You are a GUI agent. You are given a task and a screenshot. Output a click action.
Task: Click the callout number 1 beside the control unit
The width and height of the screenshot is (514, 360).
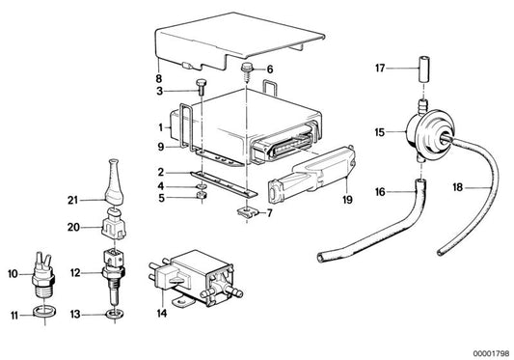[162, 126]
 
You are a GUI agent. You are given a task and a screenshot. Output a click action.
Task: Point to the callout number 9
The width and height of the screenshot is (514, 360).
[162, 147]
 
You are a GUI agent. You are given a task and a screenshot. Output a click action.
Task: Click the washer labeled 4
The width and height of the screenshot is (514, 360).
[200, 186]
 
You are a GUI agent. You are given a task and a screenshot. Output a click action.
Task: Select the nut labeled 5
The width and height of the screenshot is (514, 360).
[200, 200]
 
